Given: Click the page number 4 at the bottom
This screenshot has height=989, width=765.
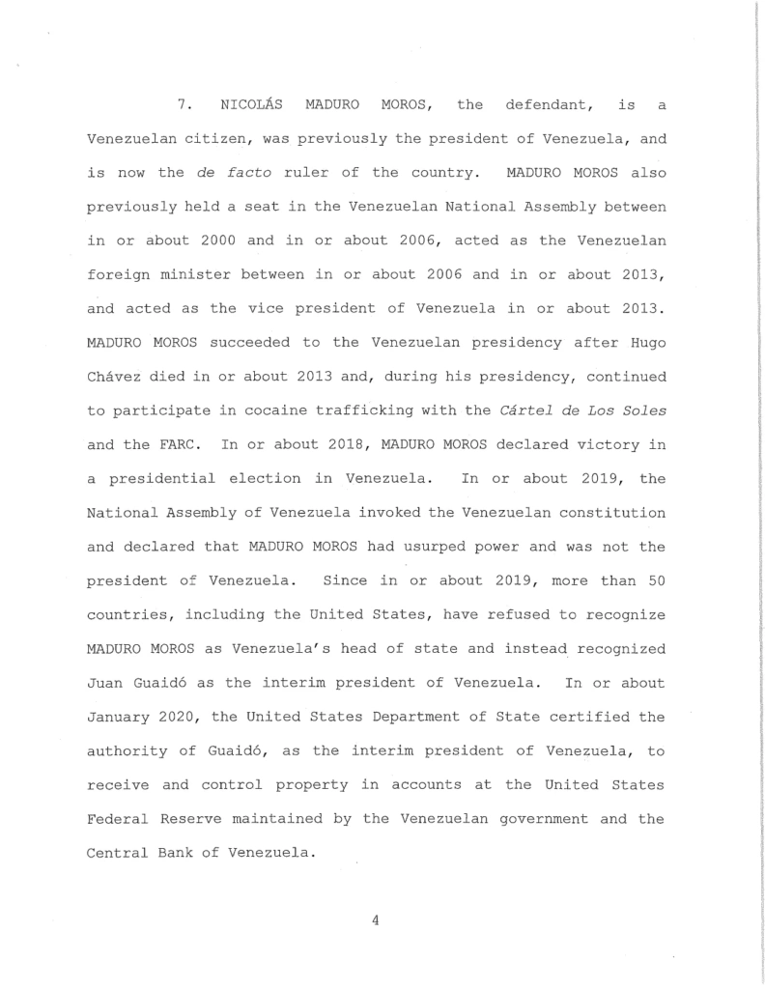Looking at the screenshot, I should click(375, 920).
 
